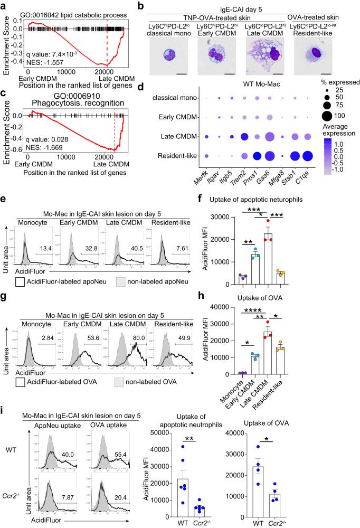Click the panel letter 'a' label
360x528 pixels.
pos(4,5)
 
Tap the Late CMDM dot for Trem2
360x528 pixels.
pos(244,137)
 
